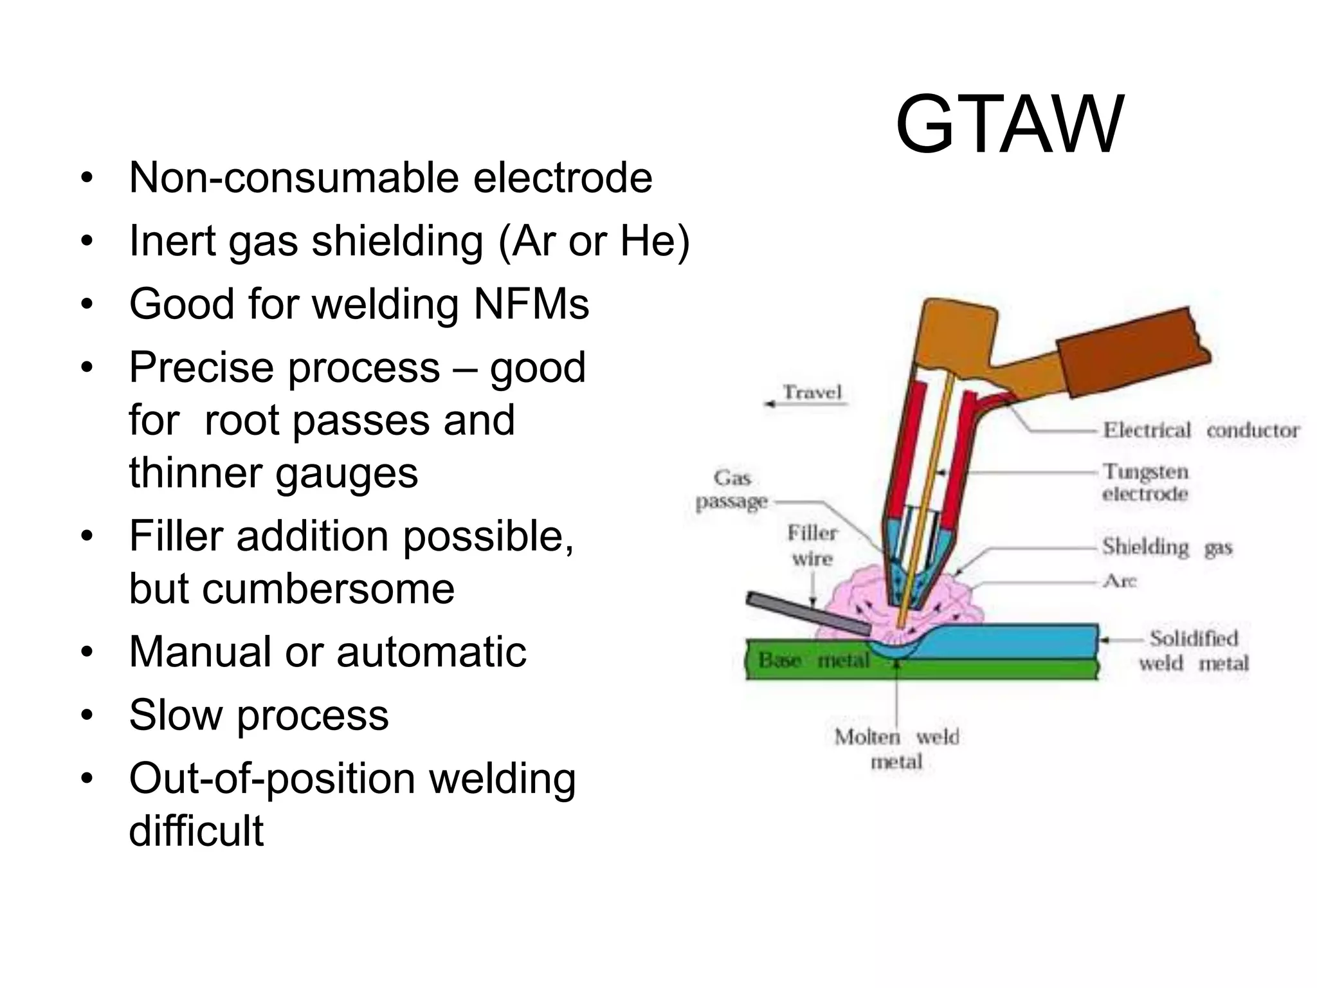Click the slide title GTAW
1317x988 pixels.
1009,125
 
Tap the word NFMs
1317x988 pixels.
531,304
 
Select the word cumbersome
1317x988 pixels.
292,588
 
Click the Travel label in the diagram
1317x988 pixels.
812,392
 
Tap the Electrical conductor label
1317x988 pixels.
1200,430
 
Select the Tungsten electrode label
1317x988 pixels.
1145,482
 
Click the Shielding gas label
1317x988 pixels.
1167,547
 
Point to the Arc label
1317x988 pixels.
1120,581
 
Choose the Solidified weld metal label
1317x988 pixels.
1194,650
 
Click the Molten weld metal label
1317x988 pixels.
896,749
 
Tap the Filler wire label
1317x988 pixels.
812,545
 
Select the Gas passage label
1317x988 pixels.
732,489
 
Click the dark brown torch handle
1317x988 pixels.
1132,351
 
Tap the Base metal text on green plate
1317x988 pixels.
813,660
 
